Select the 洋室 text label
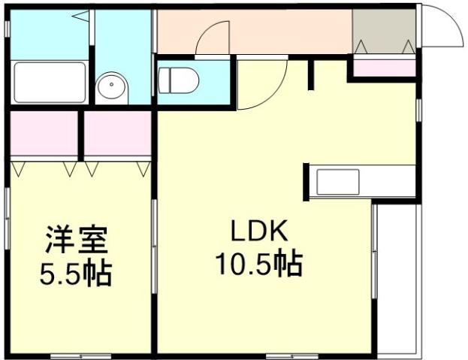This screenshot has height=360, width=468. (74, 242)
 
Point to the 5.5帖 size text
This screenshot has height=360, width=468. (74, 272)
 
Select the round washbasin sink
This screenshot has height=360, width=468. (113, 87)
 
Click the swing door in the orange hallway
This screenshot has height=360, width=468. (213, 39)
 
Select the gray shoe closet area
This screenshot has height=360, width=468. (384, 33)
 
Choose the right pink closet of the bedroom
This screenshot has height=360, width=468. (117, 134)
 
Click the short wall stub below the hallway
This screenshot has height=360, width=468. (310, 74)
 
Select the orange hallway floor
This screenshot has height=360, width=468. (285, 32)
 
